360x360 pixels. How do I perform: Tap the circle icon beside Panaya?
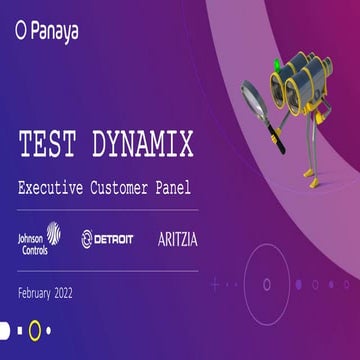click(21, 31)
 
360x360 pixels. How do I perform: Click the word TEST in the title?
click(51, 145)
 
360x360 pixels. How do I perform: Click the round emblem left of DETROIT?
click(88, 239)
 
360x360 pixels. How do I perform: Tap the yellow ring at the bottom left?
click(34, 328)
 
